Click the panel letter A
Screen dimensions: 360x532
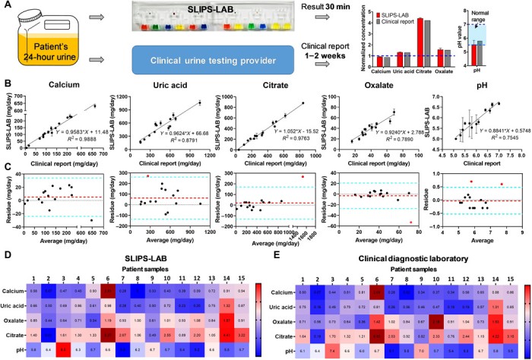click(6, 7)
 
